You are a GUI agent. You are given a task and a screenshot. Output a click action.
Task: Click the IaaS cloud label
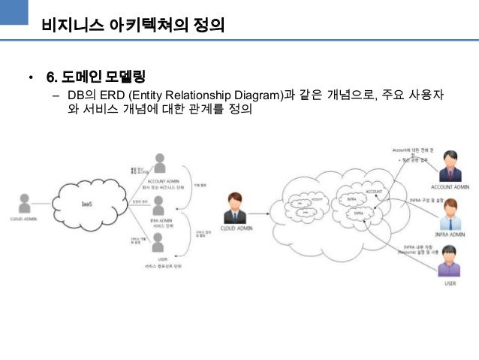click(87, 204)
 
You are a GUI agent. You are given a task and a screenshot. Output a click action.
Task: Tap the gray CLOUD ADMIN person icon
click(25, 203)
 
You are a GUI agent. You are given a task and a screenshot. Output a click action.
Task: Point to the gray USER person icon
click(158, 242)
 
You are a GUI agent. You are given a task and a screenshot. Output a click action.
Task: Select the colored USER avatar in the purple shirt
click(450, 267)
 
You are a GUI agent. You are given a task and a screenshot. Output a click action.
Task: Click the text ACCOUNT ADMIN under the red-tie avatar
click(450, 186)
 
